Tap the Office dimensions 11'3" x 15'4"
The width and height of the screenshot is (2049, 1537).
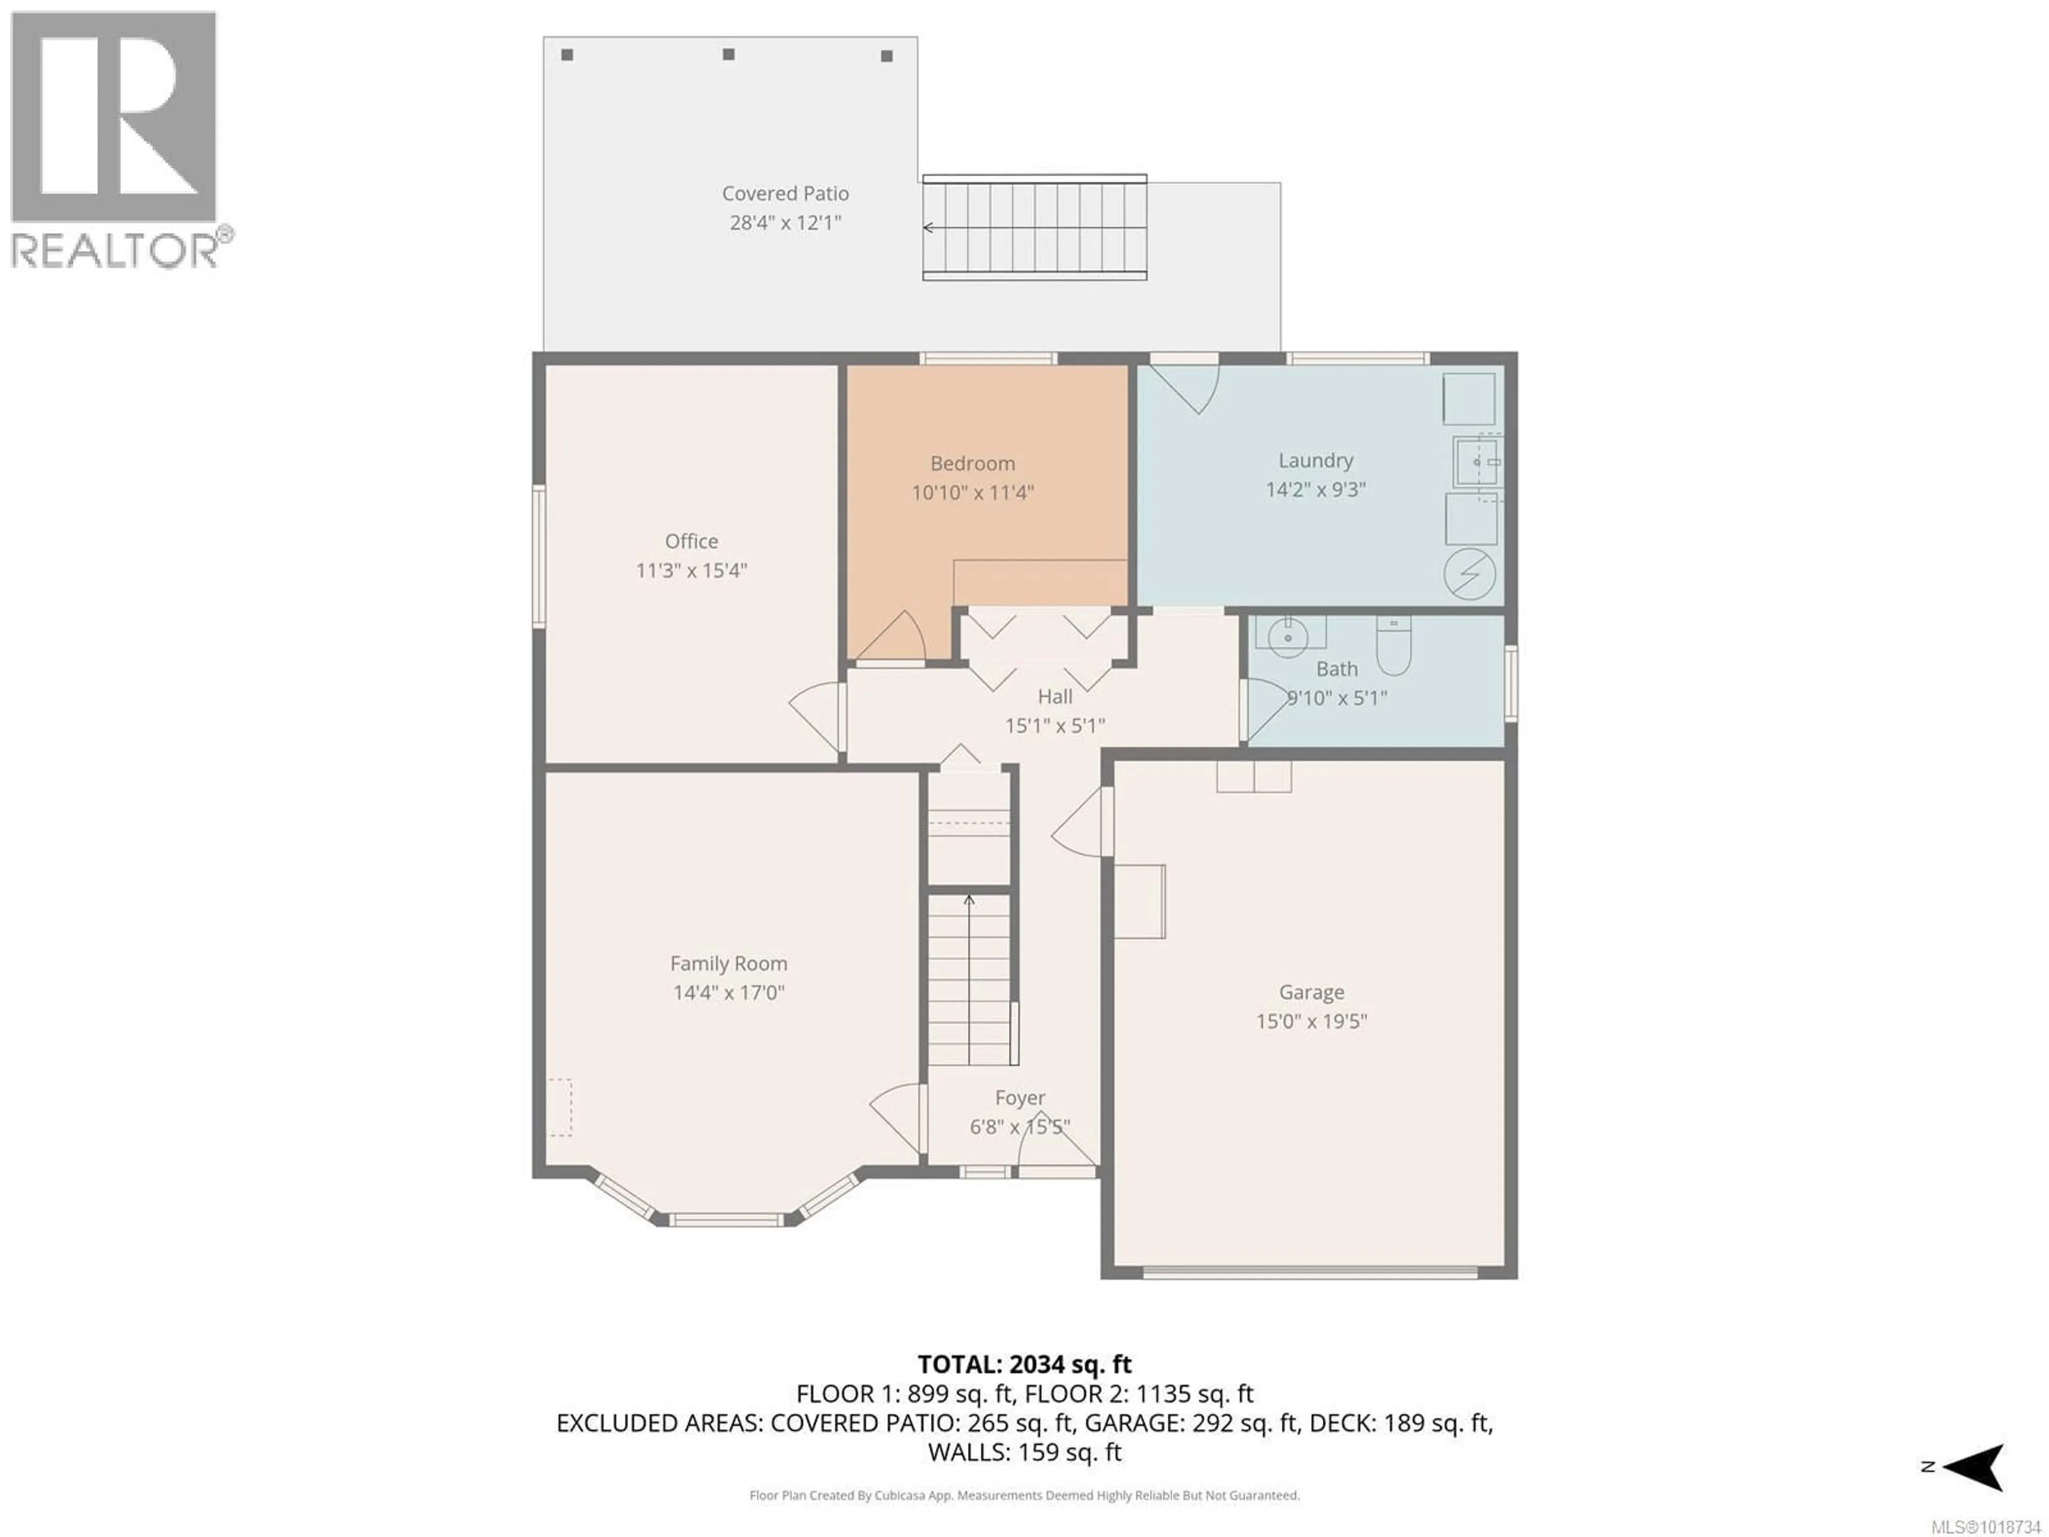[x=691, y=571]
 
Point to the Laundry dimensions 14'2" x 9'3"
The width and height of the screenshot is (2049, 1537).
[x=1315, y=489]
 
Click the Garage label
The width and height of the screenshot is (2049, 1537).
[x=1311, y=992]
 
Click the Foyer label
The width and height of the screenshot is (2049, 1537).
[x=1020, y=1098]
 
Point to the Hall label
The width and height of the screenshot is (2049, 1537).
[x=1055, y=696]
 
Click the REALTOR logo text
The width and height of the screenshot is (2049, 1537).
[x=116, y=250]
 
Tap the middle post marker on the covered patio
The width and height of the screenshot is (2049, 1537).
[x=729, y=54]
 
